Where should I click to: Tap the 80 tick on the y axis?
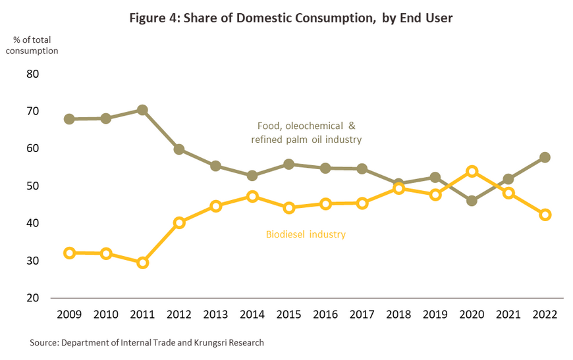pos(32,74)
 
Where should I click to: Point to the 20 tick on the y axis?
pos(32,298)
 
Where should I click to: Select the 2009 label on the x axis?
pos(69,314)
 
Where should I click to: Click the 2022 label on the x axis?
pos(545,314)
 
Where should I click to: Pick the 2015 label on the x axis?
pos(288,314)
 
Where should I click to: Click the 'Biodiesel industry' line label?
pos(306,234)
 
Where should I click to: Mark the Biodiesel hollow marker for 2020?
pos(472,172)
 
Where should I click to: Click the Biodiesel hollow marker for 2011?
pos(142,263)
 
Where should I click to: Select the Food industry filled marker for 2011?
pos(142,110)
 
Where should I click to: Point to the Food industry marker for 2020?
pos(472,201)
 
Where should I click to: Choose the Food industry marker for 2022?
pos(545,157)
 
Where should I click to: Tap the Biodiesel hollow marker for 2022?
pos(545,215)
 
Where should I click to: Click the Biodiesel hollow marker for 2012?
pos(179,222)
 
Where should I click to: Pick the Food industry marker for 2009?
pos(69,119)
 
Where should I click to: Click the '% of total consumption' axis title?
pos(36,45)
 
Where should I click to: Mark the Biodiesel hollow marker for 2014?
pos(252,196)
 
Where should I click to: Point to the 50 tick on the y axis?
pos(32,186)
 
